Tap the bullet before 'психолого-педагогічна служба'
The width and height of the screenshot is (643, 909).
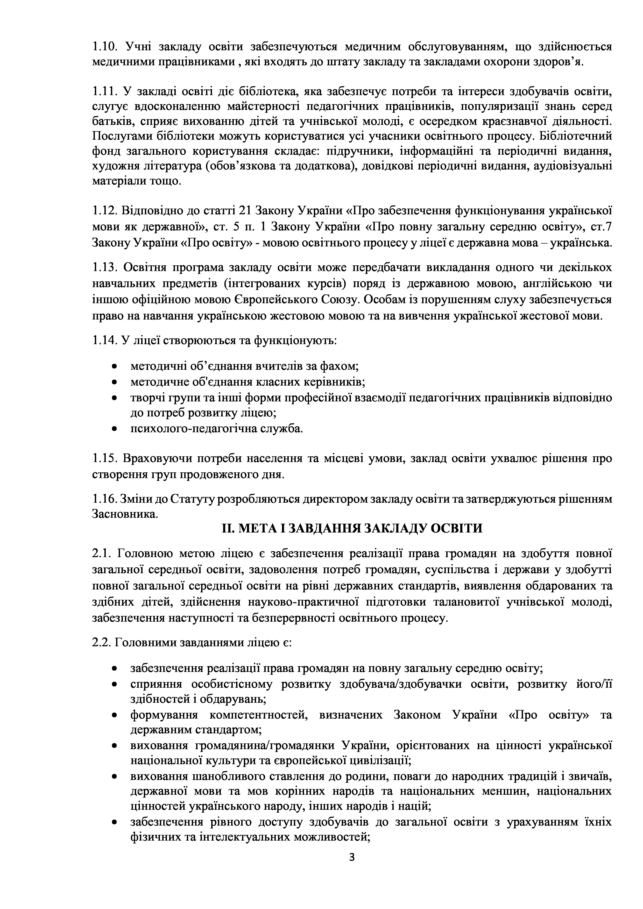(115, 429)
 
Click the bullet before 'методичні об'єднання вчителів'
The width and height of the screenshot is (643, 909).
(115, 367)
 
